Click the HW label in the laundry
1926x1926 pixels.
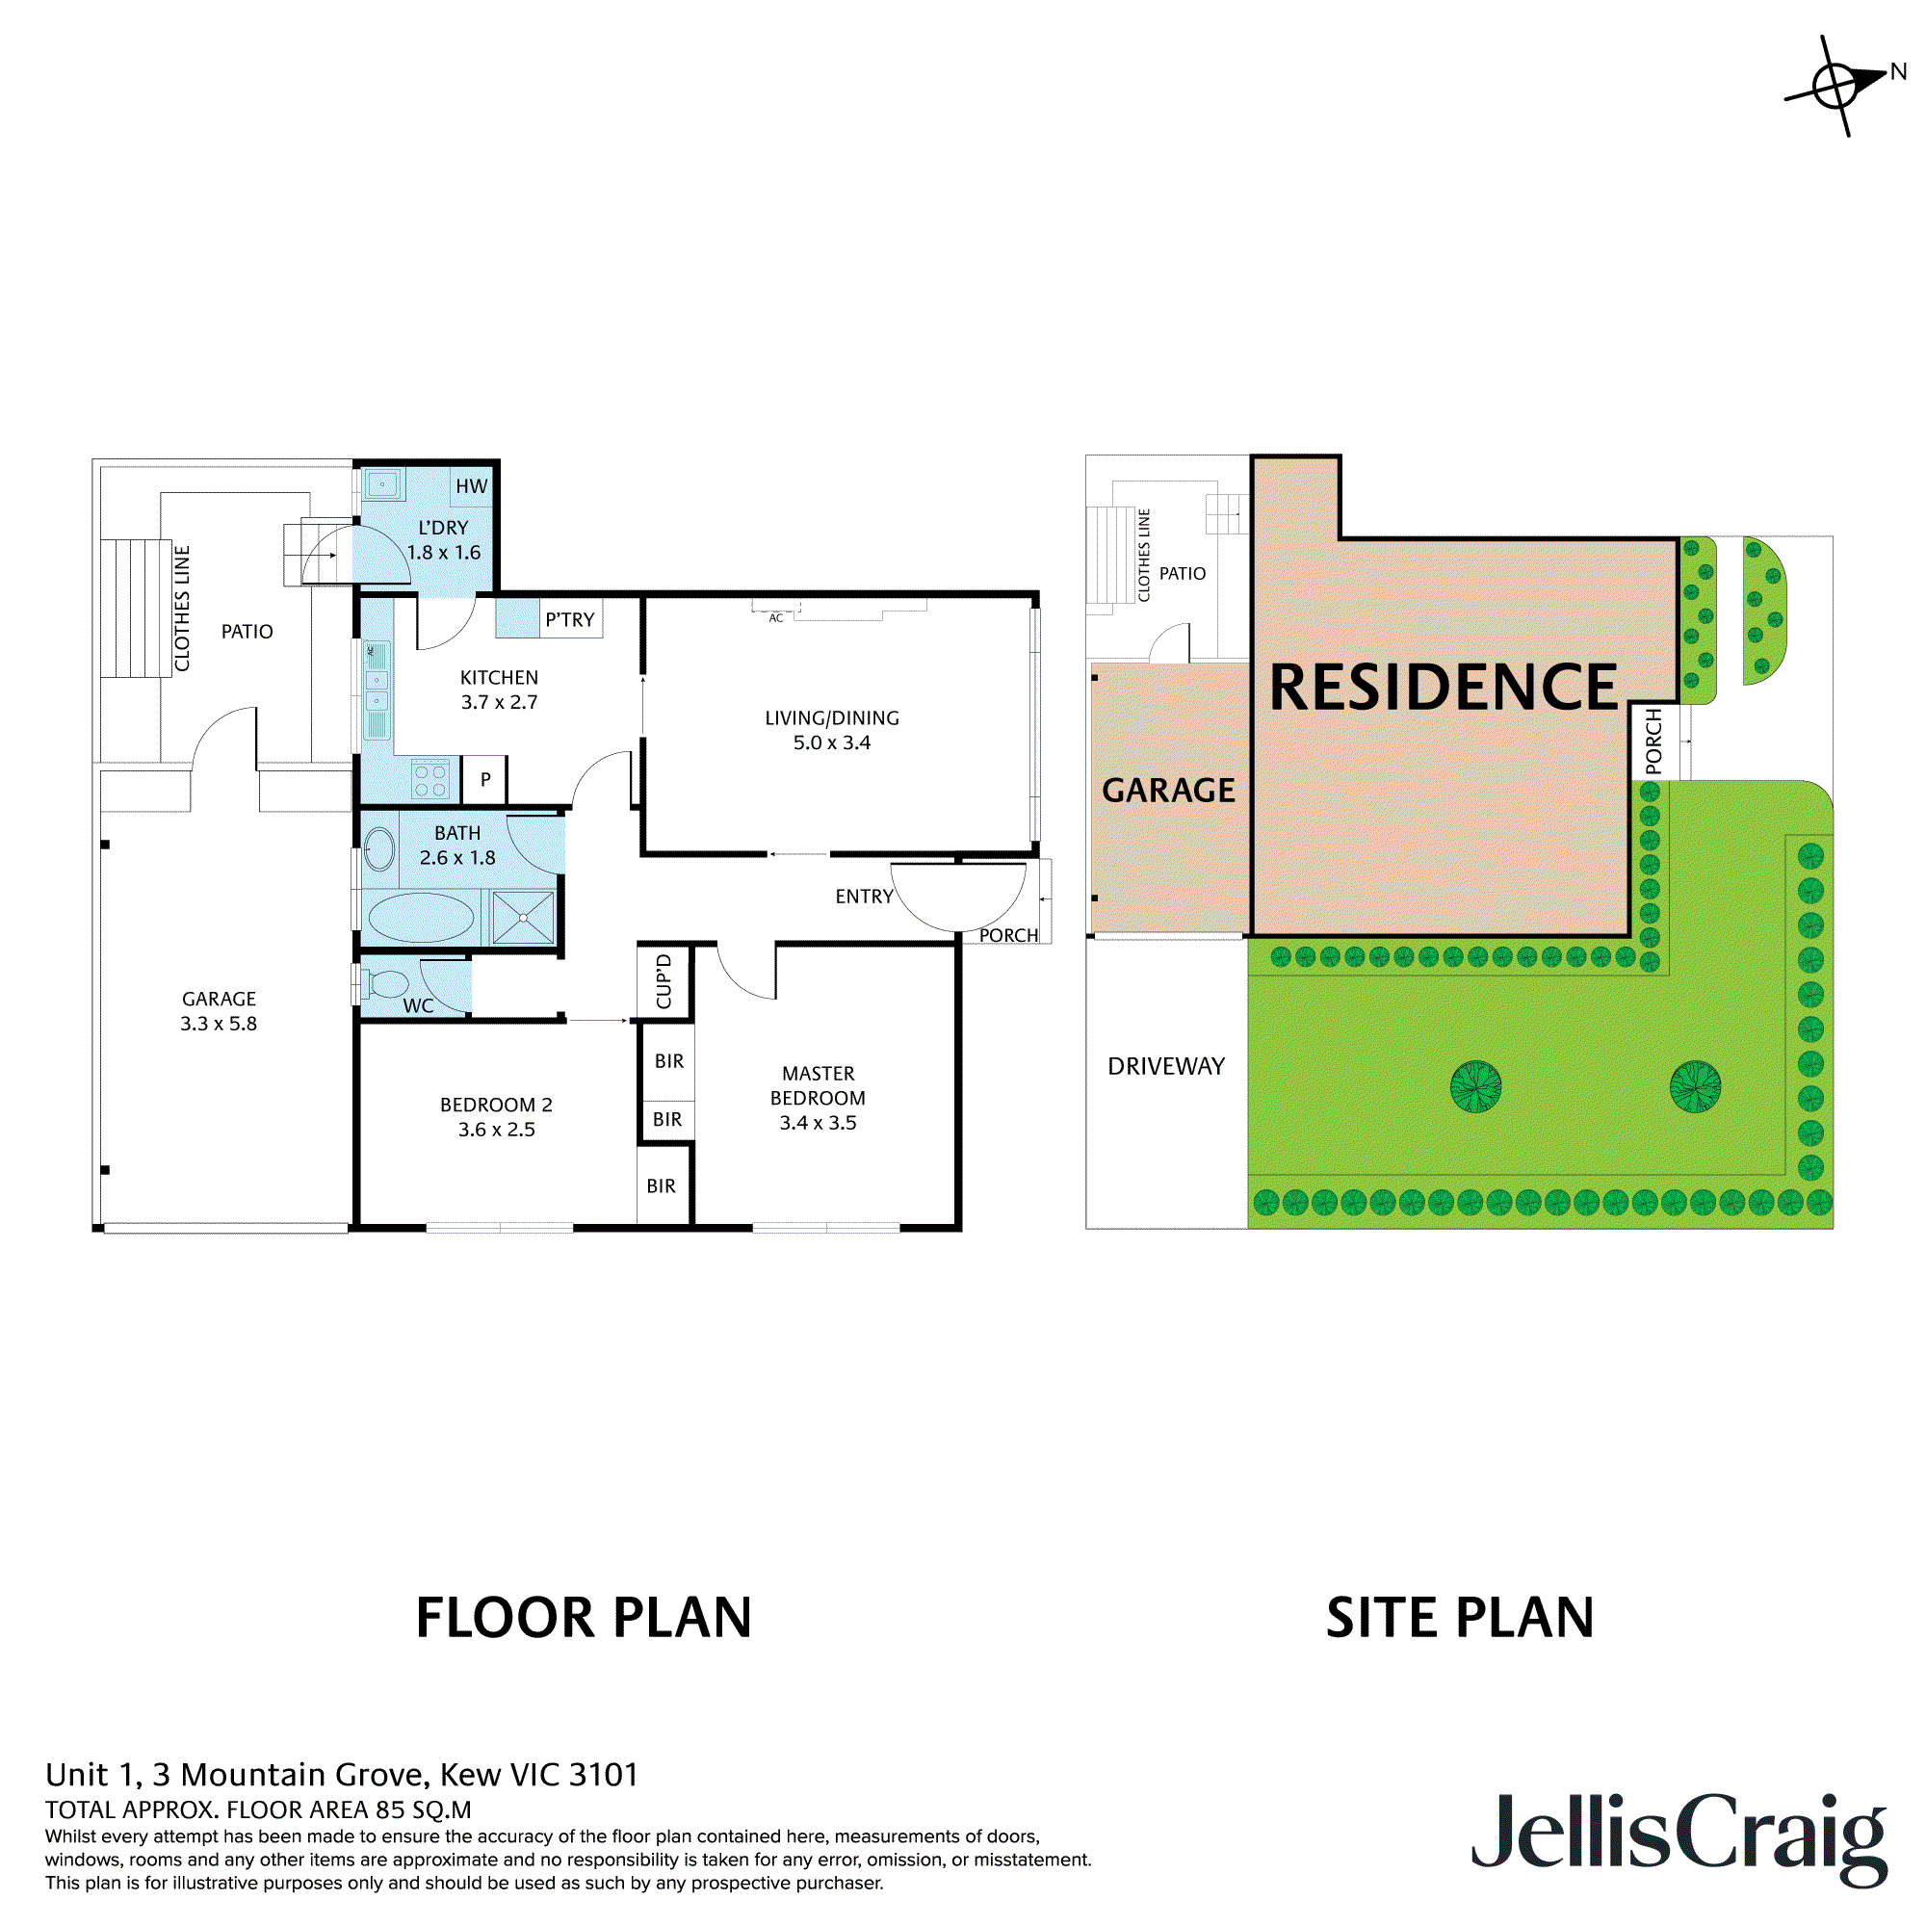pos(472,486)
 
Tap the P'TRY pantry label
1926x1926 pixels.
pos(569,620)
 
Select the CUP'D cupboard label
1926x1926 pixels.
pos(664,982)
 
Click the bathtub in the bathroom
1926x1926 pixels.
pos(422,918)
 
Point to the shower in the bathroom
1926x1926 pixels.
pos(522,918)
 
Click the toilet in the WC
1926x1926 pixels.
pos(386,984)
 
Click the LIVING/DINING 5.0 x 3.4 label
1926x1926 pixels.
pos(831,731)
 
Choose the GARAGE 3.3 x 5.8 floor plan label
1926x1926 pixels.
pos(219,1011)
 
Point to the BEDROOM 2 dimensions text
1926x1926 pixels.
pos(497,1130)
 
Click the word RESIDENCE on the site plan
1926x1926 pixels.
pos(1443,688)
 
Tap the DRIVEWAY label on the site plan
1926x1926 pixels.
pos(1165,1067)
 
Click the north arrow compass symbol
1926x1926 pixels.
pos(1835,87)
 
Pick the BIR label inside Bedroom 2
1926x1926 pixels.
pos(661,1186)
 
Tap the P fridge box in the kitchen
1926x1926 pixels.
pos(485,780)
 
